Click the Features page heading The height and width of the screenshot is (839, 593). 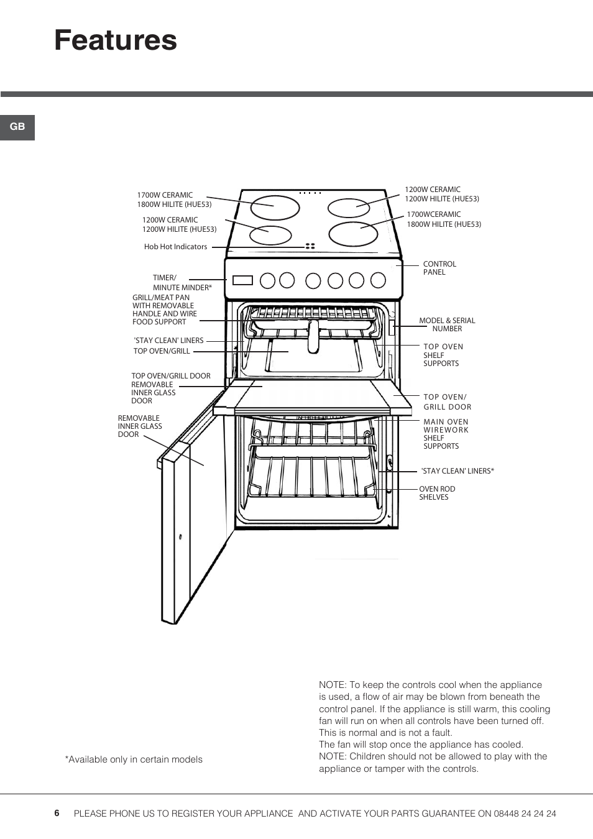click(116, 40)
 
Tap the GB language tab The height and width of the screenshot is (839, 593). click(17, 127)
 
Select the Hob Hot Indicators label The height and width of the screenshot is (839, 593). click(175, 247)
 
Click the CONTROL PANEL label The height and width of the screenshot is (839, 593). click(439, 268)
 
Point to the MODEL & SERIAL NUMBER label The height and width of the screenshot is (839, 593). click(447, 324)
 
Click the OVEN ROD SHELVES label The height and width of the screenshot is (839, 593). click(436, 493)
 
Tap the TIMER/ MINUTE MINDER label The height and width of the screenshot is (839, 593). click(182, 283)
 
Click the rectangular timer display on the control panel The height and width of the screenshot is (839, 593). click(242, 280)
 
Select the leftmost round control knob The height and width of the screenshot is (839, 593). click(267, 281)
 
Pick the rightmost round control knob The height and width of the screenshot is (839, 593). click(378, 280)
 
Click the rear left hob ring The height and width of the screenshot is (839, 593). click(275, 208)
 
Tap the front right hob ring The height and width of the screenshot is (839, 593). click(353, 234)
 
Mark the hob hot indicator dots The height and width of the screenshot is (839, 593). click(310, 246)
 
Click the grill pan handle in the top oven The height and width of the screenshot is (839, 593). click(313, 336)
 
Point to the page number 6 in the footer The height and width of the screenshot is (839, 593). click(57, 813)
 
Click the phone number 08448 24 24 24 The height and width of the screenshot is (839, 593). click(525, 814)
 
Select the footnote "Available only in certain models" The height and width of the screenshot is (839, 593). click(134, 759)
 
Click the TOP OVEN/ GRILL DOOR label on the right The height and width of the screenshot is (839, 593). click(447, 401)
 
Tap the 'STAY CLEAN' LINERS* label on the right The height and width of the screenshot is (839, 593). click(457, 471)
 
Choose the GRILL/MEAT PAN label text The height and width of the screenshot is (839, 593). click(164, 309)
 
